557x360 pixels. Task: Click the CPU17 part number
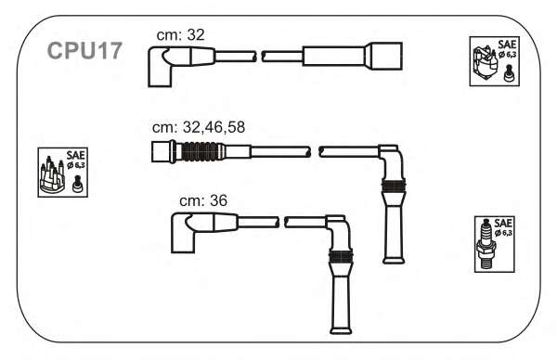click(84, 51)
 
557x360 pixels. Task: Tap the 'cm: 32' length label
click(180, 34)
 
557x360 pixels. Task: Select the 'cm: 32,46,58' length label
click(199, 127)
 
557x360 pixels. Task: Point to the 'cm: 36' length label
click(203, 200)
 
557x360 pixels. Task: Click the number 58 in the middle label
click(236, 127)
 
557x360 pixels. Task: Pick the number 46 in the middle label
click(214, 127)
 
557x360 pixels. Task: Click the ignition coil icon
click(485, 62)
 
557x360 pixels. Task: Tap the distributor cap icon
click(52, 174)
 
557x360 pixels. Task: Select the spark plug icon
click(486, 244)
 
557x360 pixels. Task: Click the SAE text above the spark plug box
click(503, 223)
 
